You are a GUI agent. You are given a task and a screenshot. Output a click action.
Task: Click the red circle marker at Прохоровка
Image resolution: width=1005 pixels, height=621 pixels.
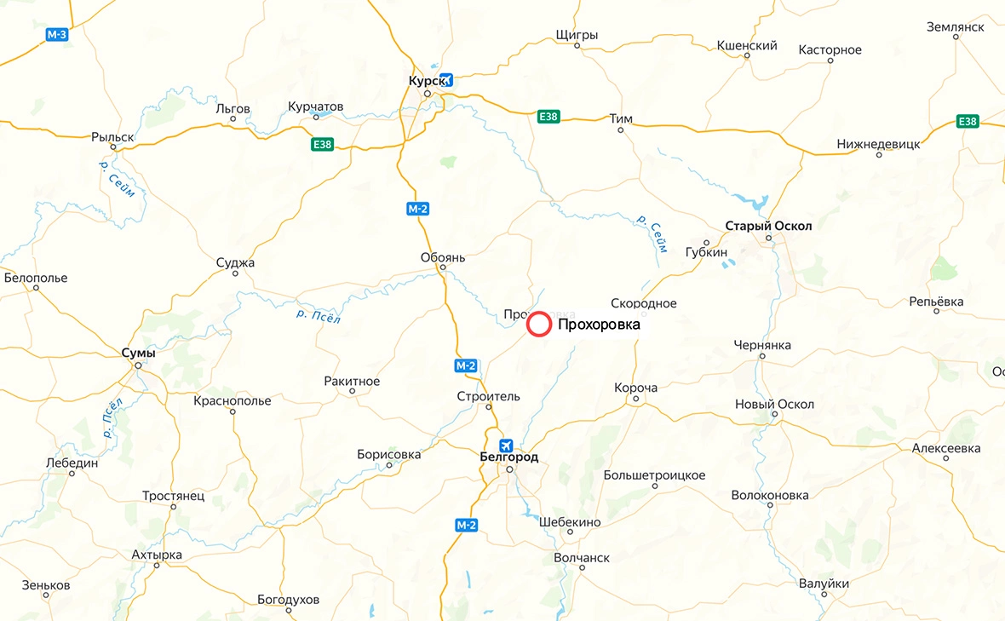click(x=539, y=325)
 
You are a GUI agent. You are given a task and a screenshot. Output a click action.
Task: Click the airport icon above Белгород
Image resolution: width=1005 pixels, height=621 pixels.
click(x=507, y=445)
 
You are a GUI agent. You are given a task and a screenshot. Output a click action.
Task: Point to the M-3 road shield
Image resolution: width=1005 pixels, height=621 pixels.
click(x=57, y=34)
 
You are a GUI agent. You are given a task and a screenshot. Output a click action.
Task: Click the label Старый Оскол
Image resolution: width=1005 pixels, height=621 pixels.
click(x=768, y=226)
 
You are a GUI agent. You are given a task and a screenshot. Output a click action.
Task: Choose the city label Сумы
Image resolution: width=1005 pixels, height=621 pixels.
click(x=138, y=353)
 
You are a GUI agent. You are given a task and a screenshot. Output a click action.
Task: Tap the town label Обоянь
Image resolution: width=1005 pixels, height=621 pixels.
click(x=443, y=256)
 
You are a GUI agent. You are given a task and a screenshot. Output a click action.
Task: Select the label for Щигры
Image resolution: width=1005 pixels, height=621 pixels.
click(x=577, y=35)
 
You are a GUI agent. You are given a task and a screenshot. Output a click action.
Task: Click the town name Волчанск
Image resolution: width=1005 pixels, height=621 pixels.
click(x=582, y=558)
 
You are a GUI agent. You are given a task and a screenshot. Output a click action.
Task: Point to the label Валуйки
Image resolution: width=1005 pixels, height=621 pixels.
click(x=824, y=584)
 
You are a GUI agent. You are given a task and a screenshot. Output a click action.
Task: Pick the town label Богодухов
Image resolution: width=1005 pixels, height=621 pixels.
click(x=289, y=600)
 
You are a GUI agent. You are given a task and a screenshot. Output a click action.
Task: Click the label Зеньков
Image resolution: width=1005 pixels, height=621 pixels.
click(x=46, y=586)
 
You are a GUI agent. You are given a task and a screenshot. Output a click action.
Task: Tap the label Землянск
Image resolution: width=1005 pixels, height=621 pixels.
click(x=956, y=27)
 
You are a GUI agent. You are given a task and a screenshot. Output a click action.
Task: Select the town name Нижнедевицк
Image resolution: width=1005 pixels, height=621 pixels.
click(x=879, y=144)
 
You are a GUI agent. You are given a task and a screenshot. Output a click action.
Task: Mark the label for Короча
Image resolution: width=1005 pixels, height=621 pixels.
click(x=636, y=388)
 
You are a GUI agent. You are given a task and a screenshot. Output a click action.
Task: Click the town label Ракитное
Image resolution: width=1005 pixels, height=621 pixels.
click(x=352, y=381)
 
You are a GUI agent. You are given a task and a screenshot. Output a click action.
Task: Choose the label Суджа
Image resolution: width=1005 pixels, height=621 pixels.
click(x=235, y=262)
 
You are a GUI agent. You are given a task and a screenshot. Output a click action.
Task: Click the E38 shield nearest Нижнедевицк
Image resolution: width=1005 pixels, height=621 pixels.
click(x=968, y=122)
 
